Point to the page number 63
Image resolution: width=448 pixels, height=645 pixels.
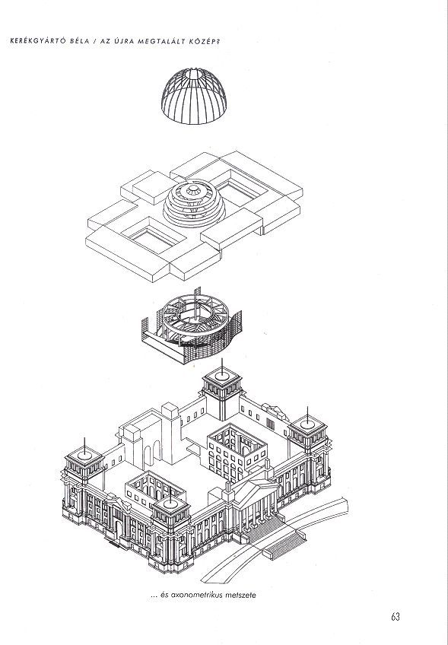pos(396,617)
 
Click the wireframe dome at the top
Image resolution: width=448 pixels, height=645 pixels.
pos(194,97)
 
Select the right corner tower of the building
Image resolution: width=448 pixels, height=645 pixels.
pos(309,448)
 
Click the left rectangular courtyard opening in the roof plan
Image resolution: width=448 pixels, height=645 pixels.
pos(153,237)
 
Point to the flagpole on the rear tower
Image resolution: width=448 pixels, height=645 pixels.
pos(222,367)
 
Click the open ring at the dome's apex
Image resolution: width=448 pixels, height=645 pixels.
pos(194,73)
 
